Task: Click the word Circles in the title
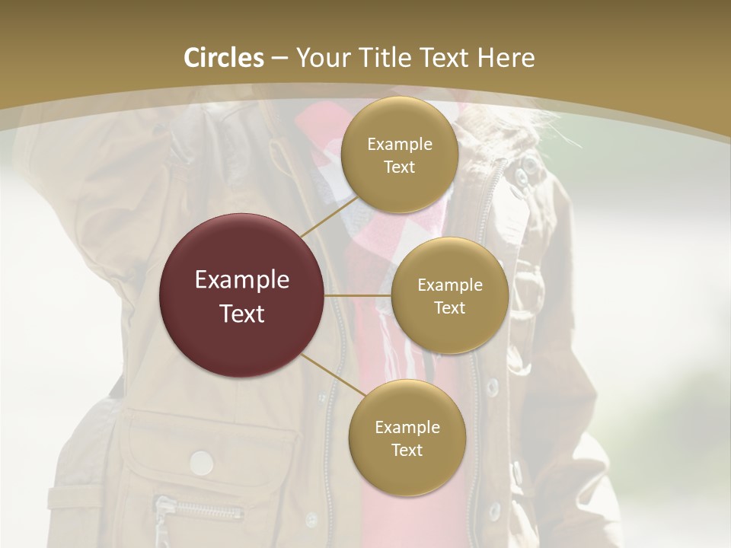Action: coord(224,58)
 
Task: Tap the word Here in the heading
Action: coord(506,58)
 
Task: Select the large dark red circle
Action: coord(242,295)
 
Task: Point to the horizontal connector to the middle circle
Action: coord(358,295)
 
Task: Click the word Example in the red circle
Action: coord(242,280)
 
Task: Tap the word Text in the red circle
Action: coord(242,314)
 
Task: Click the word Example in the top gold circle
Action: coord(399,144)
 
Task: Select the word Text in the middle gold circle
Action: coord(449,307)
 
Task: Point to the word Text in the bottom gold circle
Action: coord(407,450)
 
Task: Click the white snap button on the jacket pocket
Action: coord(201,461)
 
